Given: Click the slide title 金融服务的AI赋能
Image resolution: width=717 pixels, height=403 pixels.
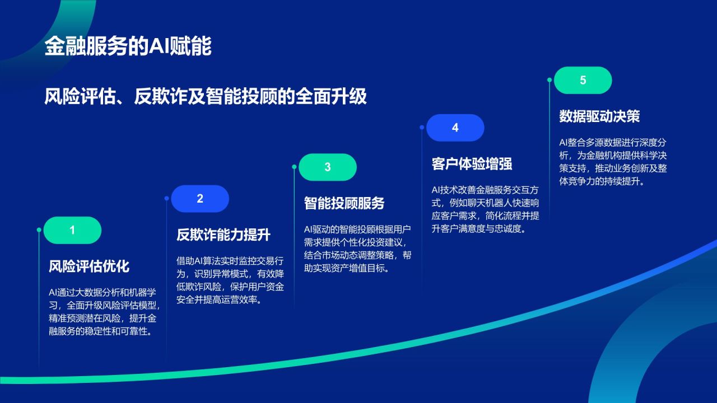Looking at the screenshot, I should click(128, 47).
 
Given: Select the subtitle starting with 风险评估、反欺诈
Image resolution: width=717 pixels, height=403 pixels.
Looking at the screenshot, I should click(206, 96).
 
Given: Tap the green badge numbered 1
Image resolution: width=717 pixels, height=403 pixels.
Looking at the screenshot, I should click(72, 230).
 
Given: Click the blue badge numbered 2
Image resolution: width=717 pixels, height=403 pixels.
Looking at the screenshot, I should click(200, 199).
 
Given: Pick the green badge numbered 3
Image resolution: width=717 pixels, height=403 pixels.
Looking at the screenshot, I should click(328, 167).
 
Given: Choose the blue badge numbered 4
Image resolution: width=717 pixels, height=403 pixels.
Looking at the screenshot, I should click(455, 128).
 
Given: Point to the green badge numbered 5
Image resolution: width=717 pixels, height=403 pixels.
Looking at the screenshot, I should click(583, 80).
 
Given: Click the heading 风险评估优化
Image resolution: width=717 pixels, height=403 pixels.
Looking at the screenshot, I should click(89, 266).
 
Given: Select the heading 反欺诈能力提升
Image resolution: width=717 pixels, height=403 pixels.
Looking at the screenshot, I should click(224, 235).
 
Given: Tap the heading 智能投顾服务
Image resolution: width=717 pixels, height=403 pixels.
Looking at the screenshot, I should click(344, 203).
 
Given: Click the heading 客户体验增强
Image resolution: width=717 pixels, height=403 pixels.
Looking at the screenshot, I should click(472, 163).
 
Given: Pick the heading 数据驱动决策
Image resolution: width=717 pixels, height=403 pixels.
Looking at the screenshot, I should click(599, 116).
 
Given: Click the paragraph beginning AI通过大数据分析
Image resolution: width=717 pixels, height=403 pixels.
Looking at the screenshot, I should click(105, 312).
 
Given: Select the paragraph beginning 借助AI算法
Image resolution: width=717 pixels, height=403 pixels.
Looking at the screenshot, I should click(230, 280).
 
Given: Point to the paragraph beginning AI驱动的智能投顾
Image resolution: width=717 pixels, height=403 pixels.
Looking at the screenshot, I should click(357, 249).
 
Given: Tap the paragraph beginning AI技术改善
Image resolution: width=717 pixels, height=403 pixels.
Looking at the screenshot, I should click(486, 209).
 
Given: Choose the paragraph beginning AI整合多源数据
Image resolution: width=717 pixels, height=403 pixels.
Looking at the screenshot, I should click(613, 162).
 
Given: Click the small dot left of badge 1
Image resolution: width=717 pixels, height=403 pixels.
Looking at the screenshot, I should click(39, 230).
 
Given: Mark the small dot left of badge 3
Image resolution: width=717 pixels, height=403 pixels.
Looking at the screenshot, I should click(294, 167).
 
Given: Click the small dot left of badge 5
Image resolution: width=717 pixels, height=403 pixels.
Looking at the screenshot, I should click(550, 80).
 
